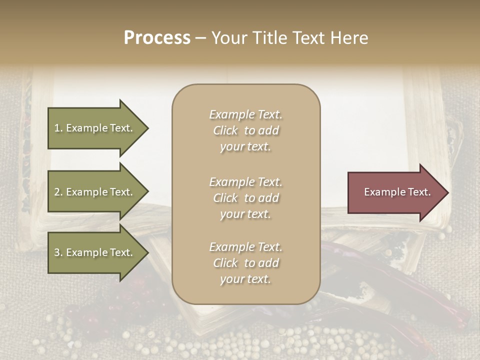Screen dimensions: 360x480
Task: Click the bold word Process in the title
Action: click(157, 38)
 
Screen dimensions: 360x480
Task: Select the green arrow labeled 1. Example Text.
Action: click(95, 128)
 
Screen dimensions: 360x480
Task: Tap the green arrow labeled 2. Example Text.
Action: click(95, 192)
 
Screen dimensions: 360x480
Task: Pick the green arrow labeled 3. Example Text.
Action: click(95, 253)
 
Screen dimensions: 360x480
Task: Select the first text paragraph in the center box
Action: click(245, 130)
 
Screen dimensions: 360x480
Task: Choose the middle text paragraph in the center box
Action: click(245, 198)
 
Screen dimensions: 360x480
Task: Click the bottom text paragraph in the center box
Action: click(245, 263)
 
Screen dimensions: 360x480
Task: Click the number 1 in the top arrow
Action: click(57, 128)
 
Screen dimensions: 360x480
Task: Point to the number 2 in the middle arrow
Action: click(57, 192)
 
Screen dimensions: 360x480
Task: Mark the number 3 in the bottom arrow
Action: click(57, 253)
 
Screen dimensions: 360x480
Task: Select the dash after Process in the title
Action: click(200, 38)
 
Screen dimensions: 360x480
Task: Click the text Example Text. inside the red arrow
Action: click(397, 192)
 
